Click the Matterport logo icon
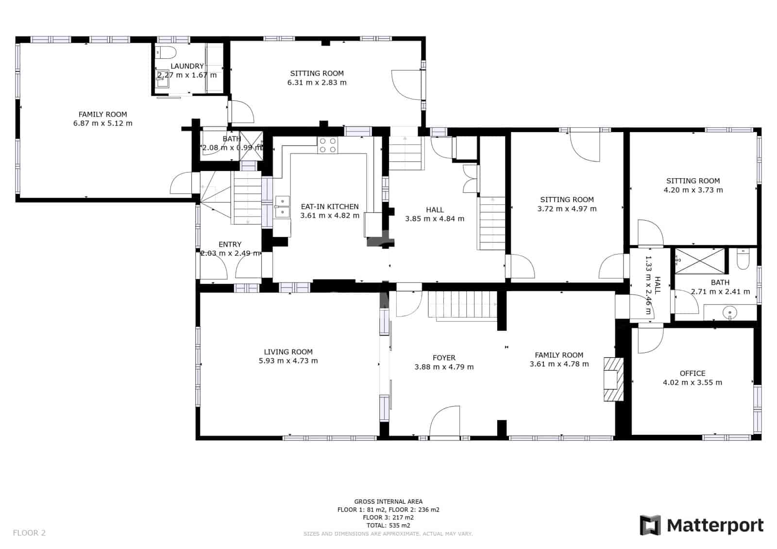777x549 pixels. (x=650, y=525)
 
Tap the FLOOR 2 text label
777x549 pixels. (x=29, y=533)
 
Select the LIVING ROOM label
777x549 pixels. (x=288, y=352)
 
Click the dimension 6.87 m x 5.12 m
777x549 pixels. (x=102, y=123)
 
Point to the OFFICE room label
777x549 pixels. (x=692, y=373)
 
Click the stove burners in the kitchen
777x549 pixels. (x=327, y=145)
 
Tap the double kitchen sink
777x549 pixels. (x=282, y=207)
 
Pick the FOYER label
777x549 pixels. (x=444, y=358)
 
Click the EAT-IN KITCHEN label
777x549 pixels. (x=329, y=207)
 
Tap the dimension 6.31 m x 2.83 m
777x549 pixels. (x=317, y=83)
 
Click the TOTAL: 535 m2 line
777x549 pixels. (x=388, y=525)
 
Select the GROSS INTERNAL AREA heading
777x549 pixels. (x=388, y=501)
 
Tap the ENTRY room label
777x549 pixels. (x=230, y=244)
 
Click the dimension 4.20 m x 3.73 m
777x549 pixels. (x=693, y=190)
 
